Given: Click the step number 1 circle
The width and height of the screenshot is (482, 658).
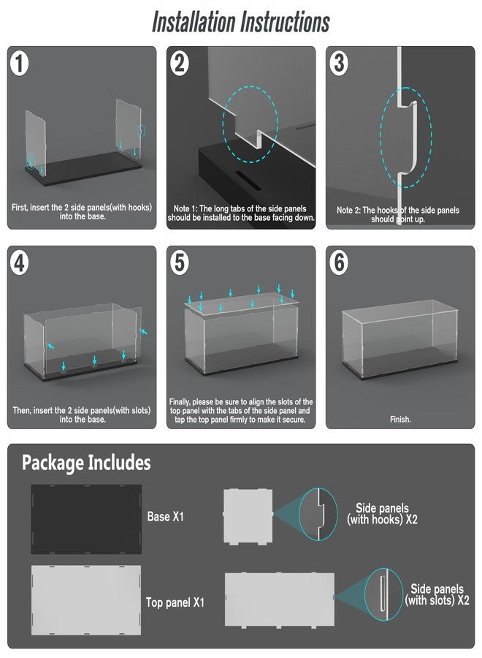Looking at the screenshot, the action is point(19,64).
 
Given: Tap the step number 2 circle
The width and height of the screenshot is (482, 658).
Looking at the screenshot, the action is point(180,64).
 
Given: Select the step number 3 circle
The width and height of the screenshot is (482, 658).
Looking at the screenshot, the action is point(339,64).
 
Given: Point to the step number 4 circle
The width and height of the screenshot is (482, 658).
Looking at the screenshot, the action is point(19,263).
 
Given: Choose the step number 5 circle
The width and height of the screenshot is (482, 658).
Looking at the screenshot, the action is point(180,263).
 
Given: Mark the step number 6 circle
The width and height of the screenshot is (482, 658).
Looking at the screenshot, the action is point(339,263).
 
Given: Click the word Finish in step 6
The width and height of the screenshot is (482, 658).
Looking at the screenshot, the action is point(400,419).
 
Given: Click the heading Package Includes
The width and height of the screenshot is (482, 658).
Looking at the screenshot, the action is point(86,463).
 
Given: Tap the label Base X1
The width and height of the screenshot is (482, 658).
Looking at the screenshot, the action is point(166,516).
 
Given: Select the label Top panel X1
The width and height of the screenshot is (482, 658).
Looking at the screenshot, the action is point(175,602).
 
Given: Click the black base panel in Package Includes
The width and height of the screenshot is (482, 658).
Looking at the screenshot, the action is point(86,519).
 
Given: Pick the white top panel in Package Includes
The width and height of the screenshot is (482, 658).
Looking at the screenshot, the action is point(86,600).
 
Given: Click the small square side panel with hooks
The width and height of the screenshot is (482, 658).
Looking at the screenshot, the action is point(248,517).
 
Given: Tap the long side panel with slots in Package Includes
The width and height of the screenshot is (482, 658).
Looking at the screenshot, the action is point(280,600).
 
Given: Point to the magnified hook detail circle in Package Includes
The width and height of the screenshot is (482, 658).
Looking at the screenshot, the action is point(318,514).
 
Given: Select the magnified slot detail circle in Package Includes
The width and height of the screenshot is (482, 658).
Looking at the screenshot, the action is point(383,594).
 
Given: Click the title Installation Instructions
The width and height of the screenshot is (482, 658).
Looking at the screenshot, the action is point(241,22).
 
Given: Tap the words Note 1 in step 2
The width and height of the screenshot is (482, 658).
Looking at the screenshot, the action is point(183,208).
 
